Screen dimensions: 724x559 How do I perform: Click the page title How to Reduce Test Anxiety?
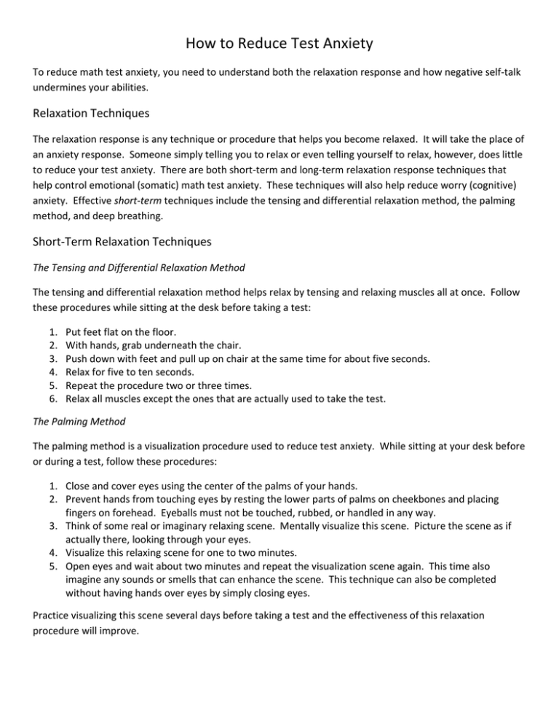279,44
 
